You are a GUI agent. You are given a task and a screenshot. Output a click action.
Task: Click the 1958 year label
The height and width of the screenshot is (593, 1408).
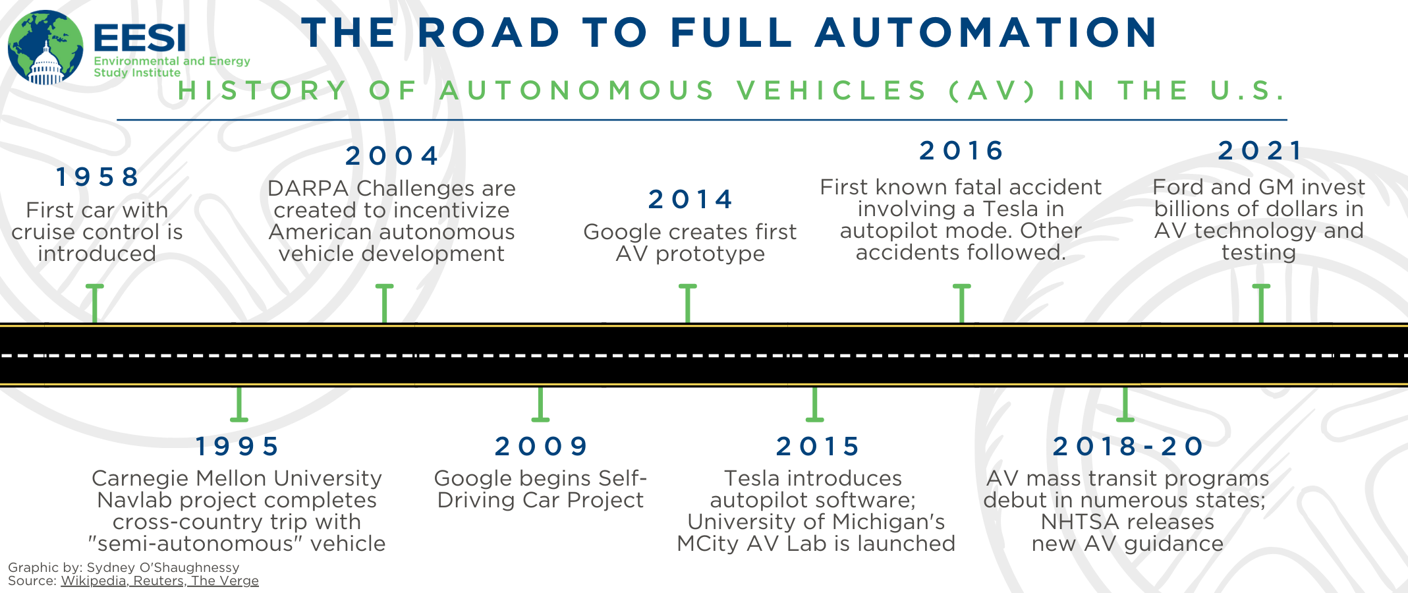pos(97,177)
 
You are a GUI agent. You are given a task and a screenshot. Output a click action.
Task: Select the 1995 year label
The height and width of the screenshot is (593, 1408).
pos(237,446)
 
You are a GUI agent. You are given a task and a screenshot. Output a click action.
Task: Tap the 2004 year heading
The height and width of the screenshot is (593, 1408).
pos(392,155)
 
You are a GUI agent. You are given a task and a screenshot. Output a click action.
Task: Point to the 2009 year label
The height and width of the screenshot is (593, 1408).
pos(541,446)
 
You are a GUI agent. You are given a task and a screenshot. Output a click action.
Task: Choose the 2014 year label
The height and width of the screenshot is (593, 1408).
pos(690,199)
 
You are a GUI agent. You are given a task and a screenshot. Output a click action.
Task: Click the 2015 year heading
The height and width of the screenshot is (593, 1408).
pos(817,446)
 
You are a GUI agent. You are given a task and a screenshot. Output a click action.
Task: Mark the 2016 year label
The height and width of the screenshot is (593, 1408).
pos(961,150)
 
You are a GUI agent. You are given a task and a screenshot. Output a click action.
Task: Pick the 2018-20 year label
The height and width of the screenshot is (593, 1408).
pos(1128,446)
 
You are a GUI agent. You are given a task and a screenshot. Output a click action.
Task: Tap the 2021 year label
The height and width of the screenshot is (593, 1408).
pos(1259,150)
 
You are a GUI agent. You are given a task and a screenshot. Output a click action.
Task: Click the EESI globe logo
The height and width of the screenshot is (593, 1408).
pos(45,47)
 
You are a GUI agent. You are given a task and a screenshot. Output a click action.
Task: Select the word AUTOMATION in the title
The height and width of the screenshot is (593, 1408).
pos(986,32)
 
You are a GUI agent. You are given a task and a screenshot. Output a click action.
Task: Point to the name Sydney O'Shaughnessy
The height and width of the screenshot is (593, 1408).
pos(163,567)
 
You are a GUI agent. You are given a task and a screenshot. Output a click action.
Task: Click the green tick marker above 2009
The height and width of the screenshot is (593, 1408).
pos(540,404)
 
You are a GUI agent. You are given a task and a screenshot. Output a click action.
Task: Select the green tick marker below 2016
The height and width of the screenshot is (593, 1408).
pos(962,304)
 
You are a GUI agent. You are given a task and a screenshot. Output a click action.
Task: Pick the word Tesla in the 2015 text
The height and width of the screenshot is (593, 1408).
pos(752,478)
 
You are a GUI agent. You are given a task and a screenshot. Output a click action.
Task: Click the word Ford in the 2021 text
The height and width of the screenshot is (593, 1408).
pos(1179,187)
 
